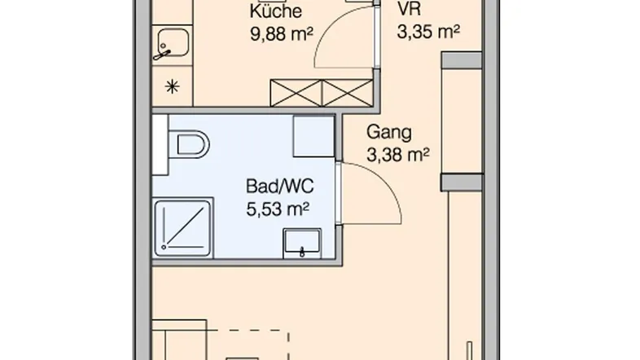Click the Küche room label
pos(276,11)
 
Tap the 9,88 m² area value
pos(282,34)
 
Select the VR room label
pos(409,9)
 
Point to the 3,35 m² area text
pos(428,32)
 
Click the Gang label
pos(389,132)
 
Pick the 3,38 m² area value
pos(398,155)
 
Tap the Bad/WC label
pos(279,187)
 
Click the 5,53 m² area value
pos(278,209)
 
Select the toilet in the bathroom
pos(189,144)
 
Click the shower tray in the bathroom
pos(183,228)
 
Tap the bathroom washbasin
pos(302,243)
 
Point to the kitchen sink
pos(173,43)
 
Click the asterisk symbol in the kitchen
pos(173,86)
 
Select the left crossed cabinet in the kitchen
pos(296,93)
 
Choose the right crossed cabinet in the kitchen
pos(348,93)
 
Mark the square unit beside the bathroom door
pos(313,136)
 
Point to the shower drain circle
pos(164,247)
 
